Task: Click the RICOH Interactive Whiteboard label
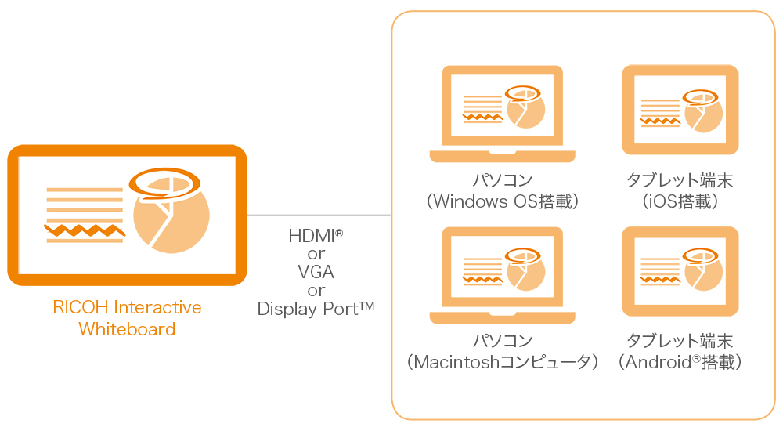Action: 127,317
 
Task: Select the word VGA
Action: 316,272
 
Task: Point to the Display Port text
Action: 316,309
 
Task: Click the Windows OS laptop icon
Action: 502,114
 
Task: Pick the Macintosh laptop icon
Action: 502,275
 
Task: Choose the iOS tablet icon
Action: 680,110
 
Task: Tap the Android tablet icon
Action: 680,271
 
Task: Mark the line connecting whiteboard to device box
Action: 319,215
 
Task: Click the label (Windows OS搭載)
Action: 502,201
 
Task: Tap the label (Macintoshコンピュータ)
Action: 502,362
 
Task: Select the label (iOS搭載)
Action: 680,201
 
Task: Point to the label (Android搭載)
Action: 680,362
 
